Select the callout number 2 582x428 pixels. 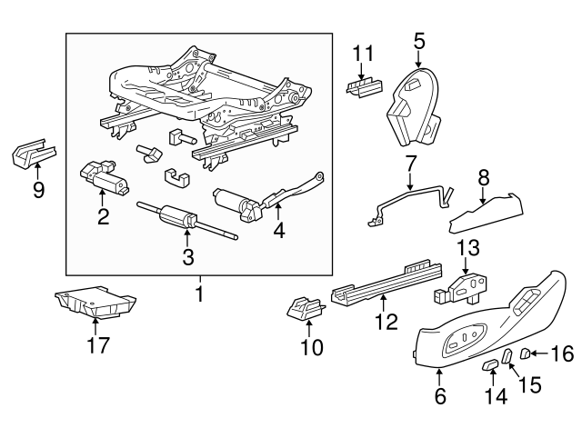coord(104,215)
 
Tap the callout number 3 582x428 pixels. coord(188,257)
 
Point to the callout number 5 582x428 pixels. coord(419,40)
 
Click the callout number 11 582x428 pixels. coord(364,55)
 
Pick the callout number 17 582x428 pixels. coord(96,345)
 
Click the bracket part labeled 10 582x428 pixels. coord(305,311)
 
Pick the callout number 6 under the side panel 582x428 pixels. coord(439,396)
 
